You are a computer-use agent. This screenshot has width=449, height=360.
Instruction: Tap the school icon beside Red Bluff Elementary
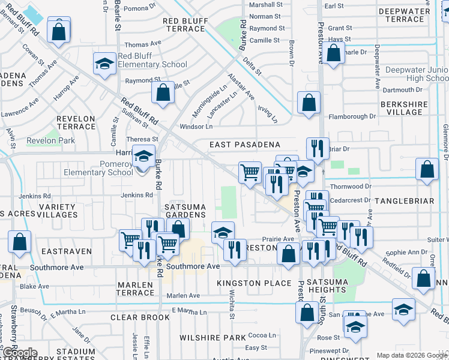tap(104, 64)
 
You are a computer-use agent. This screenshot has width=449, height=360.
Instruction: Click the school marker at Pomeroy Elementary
tap(143, 158)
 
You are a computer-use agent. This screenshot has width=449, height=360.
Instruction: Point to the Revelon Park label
tap(50, 141)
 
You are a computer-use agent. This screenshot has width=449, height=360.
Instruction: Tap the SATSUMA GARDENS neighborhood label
tap(185, 211)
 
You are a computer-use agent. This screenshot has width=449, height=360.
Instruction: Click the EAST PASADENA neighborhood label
tap(245, 145)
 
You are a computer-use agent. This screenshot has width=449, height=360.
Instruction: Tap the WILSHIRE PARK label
tap(212, 338)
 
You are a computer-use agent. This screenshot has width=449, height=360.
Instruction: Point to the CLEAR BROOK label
tap(140, 317)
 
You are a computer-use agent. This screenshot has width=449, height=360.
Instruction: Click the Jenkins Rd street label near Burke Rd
tap(137, 196)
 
